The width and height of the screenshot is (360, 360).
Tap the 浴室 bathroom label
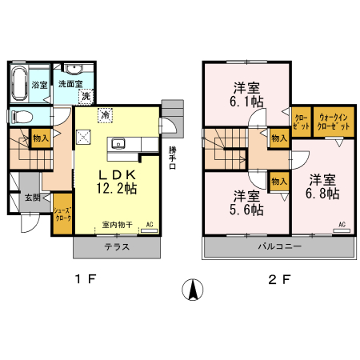click(x=38, y=84)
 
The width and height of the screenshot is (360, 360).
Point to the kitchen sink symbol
click(x=118, y=144)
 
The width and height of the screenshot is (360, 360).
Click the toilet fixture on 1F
click(x=22, y=117)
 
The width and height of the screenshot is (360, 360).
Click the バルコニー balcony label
click(x=281, y=247)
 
